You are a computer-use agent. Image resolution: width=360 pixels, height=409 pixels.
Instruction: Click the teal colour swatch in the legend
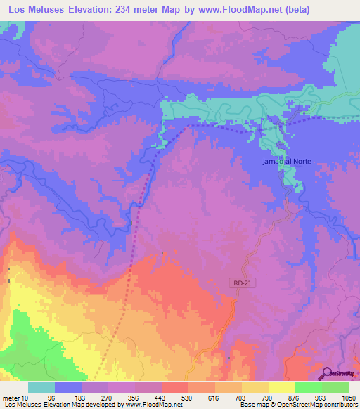41,387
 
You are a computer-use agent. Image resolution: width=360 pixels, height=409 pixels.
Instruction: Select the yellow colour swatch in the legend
282,387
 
